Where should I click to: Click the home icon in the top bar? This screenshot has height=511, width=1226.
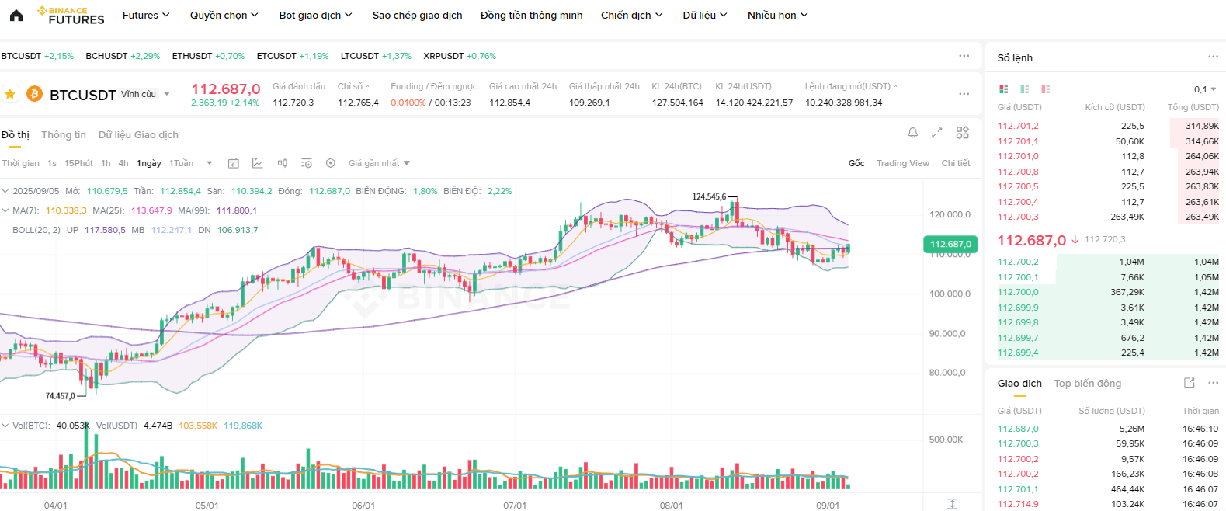16,16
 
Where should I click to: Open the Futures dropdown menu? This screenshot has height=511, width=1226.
146,16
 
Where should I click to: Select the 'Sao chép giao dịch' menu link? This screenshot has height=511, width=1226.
417,16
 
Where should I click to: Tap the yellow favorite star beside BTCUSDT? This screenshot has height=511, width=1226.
10,94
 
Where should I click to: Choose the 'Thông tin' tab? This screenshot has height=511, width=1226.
64,134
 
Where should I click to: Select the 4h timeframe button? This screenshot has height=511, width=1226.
123,163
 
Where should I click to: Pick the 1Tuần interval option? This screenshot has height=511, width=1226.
181,163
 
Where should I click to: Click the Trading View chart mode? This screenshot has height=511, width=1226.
902,163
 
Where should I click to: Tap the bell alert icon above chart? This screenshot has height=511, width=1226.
912,133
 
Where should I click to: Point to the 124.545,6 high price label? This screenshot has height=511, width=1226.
709,196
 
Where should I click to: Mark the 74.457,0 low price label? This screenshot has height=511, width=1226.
61,395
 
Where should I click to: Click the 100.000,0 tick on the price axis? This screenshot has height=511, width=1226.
950,294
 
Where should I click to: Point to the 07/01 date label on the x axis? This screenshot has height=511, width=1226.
515,506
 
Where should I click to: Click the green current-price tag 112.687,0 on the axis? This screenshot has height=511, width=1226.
950,245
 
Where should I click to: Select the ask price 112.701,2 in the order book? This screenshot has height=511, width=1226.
1017,126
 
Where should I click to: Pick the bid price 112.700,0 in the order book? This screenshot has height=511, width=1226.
1017,293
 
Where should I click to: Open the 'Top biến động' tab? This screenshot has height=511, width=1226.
1088,384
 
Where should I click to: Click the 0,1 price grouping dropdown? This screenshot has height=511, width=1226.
1205,89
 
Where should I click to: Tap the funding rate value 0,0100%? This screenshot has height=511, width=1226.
408,103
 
